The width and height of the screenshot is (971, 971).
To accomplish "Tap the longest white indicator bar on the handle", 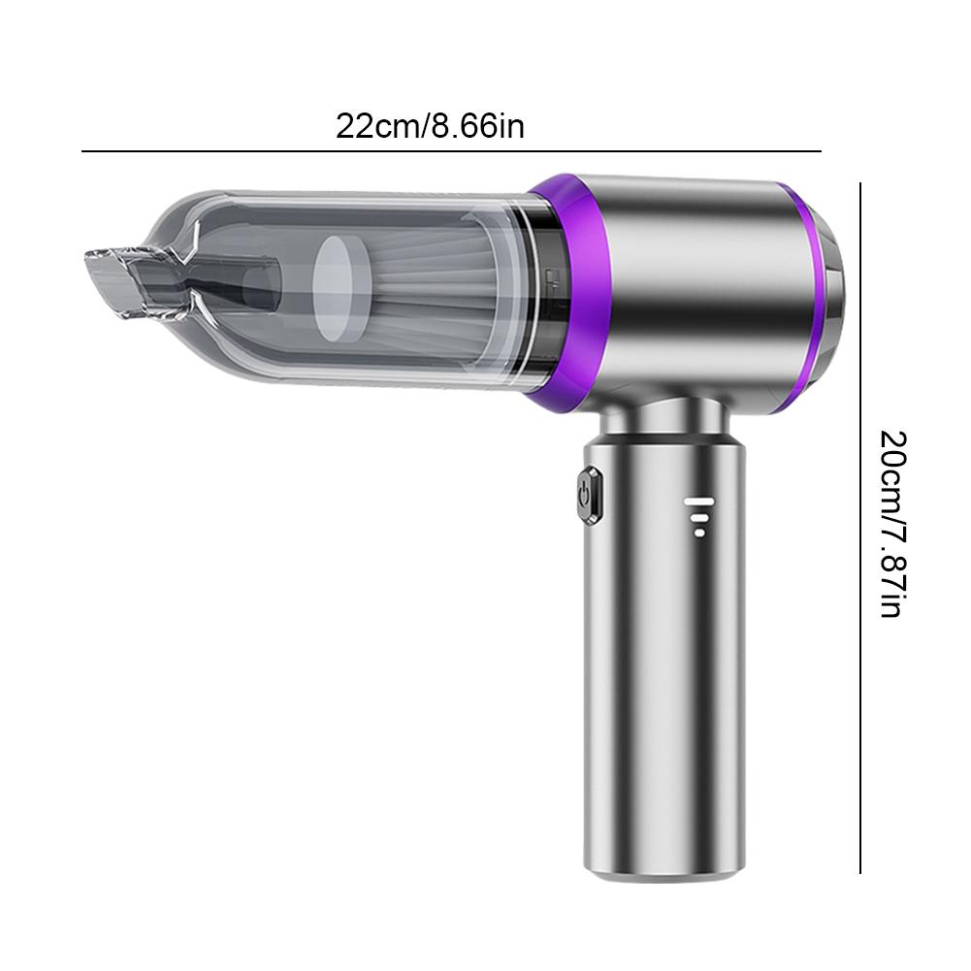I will coord(698,502).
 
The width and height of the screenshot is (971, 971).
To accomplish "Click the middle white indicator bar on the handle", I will coord(698,516).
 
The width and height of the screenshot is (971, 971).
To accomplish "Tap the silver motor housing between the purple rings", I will coord(698,291).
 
